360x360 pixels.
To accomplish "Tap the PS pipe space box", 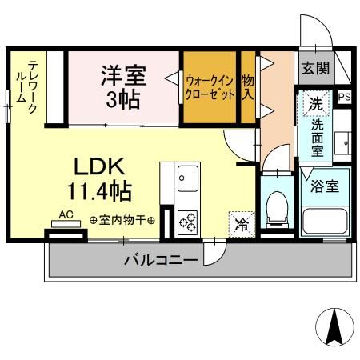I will [344, 98].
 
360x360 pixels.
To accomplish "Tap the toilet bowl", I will [278, 206].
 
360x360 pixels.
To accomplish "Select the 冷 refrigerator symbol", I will [239, 225].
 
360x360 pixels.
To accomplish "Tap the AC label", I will [67, 215].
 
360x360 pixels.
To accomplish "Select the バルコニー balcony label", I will [160, 260].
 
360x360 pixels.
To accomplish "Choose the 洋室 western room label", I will [123, 78].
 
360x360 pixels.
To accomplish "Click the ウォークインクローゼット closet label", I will [210, 87].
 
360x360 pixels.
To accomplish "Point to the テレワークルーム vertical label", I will [33, 88].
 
